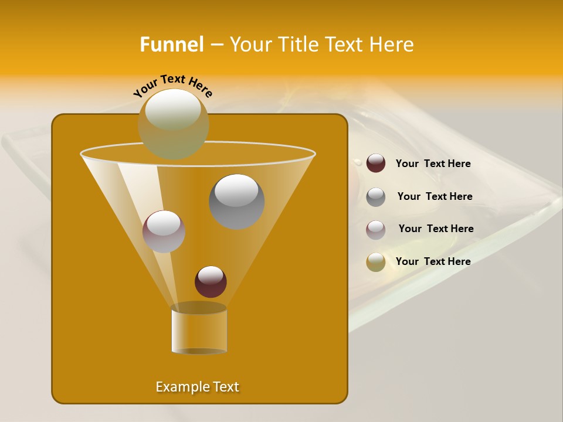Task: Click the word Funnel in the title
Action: pyautogui.click(x=171, y=45)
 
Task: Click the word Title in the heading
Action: pyautogui.click(x=297, y=45)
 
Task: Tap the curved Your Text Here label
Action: pyautogui.click(x=173, y=85)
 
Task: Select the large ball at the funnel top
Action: pyautogui.click(x=173, y=123)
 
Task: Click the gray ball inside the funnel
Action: pyautogui.click(x=236, y=201)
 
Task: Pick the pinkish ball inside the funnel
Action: pyautogui.click(x=164, y=231)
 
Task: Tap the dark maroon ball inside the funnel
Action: pyautogui.click(x=211, y=281)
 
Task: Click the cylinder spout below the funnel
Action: pyautogui.click(x=199, y=330)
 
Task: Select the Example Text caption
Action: pyautogui.click(x=197, y=387)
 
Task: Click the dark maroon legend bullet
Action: pyautogui.click(x=376, y=164)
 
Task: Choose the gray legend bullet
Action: pyautogui.click(x=376, y=197)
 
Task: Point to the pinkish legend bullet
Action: pyautogui.click(x=376, y=229)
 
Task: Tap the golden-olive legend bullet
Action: pyautogui.click(x=376, y=262)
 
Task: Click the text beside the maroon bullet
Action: pyautogui.click(x=433, y=164)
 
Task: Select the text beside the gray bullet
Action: pyautogui.click(x=435, y=196)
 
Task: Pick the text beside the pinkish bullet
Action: pyautogui.click(x=436, y=229)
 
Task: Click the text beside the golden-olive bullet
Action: pyautogui.click(x=433, y=261)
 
